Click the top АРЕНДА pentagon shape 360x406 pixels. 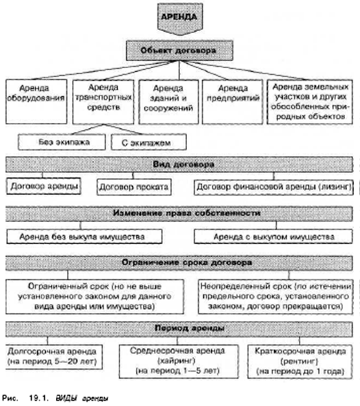(180, 19)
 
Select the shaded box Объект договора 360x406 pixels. (179, 50)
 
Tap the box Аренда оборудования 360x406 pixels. (36, 101)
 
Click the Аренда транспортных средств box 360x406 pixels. (103, 101)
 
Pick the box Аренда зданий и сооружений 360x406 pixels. (168, 101)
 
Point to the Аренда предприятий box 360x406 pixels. (233, 101)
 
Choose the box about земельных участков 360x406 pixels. (310, 101)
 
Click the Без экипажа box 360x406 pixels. (62, 142)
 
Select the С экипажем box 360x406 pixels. (149, 142)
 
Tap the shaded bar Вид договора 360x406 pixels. (179, 164)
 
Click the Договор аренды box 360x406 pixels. (44, 186)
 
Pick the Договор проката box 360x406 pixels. (134, 186)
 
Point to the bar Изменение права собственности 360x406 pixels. (179, 214)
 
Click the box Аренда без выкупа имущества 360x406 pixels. (84, 236)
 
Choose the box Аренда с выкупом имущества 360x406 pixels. (273, 236)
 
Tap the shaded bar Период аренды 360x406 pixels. (179, 329)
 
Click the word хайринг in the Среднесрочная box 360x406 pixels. (176, 361)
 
